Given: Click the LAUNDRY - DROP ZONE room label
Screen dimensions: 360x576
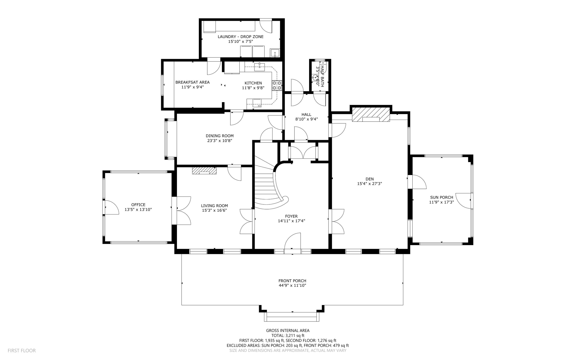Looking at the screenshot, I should [x=240, y=37].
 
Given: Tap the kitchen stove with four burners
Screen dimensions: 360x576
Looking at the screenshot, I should [x=277, y=85].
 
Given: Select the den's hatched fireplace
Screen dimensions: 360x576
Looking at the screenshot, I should [x=371, y=115].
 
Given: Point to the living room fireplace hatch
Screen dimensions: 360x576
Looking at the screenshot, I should [x=204, y=171].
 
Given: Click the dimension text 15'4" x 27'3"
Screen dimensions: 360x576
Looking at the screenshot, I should [x=369, y=184].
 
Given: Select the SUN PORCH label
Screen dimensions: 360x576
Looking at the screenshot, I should [x=441, y=197].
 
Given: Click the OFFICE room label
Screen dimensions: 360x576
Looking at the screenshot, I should [x=138, y=205].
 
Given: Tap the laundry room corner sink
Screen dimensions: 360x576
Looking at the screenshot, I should [x=275, y=53].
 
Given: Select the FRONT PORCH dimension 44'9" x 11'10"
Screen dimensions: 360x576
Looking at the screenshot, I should [x=292, y=285].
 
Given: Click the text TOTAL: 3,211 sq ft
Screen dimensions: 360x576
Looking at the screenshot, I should [x=288, y=336].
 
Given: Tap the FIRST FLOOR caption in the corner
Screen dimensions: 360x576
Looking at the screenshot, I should [x=22, y=350].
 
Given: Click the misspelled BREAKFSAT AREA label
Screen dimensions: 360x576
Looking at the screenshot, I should [x=192, y=82].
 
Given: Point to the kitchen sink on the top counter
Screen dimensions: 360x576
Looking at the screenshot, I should [x=259, y=67].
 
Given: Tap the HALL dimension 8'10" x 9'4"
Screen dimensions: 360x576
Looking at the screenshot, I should [x=306, y=119].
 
